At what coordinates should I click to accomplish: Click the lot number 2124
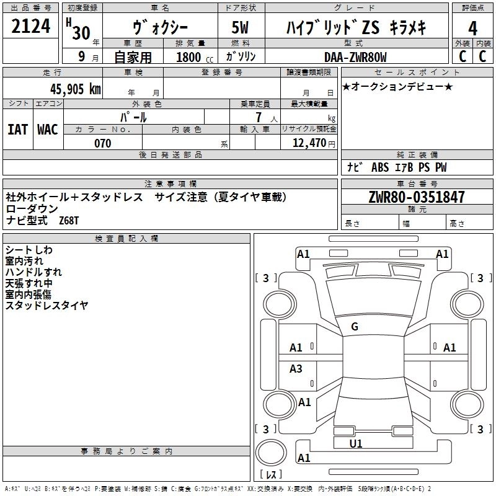[31, 26]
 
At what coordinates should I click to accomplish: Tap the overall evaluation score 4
[473, 28]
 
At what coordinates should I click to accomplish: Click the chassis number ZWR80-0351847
[417, 197]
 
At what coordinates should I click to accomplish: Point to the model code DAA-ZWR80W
[355, 57]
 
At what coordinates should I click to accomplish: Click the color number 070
[102, 143]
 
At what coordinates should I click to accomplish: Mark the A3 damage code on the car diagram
[296, 369]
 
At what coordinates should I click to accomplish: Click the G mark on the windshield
[355, 327]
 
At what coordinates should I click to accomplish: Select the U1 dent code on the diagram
[356, 443]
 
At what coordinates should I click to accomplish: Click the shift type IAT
[17, 129]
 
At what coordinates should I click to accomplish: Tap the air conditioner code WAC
[47, 129]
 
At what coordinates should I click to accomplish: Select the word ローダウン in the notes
[32, 209]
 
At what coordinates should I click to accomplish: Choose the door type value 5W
[240, 28]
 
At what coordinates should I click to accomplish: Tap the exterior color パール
[133, 117]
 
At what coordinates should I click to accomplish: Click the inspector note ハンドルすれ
[33, 272]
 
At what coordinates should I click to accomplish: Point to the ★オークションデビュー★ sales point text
[397, 86]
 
